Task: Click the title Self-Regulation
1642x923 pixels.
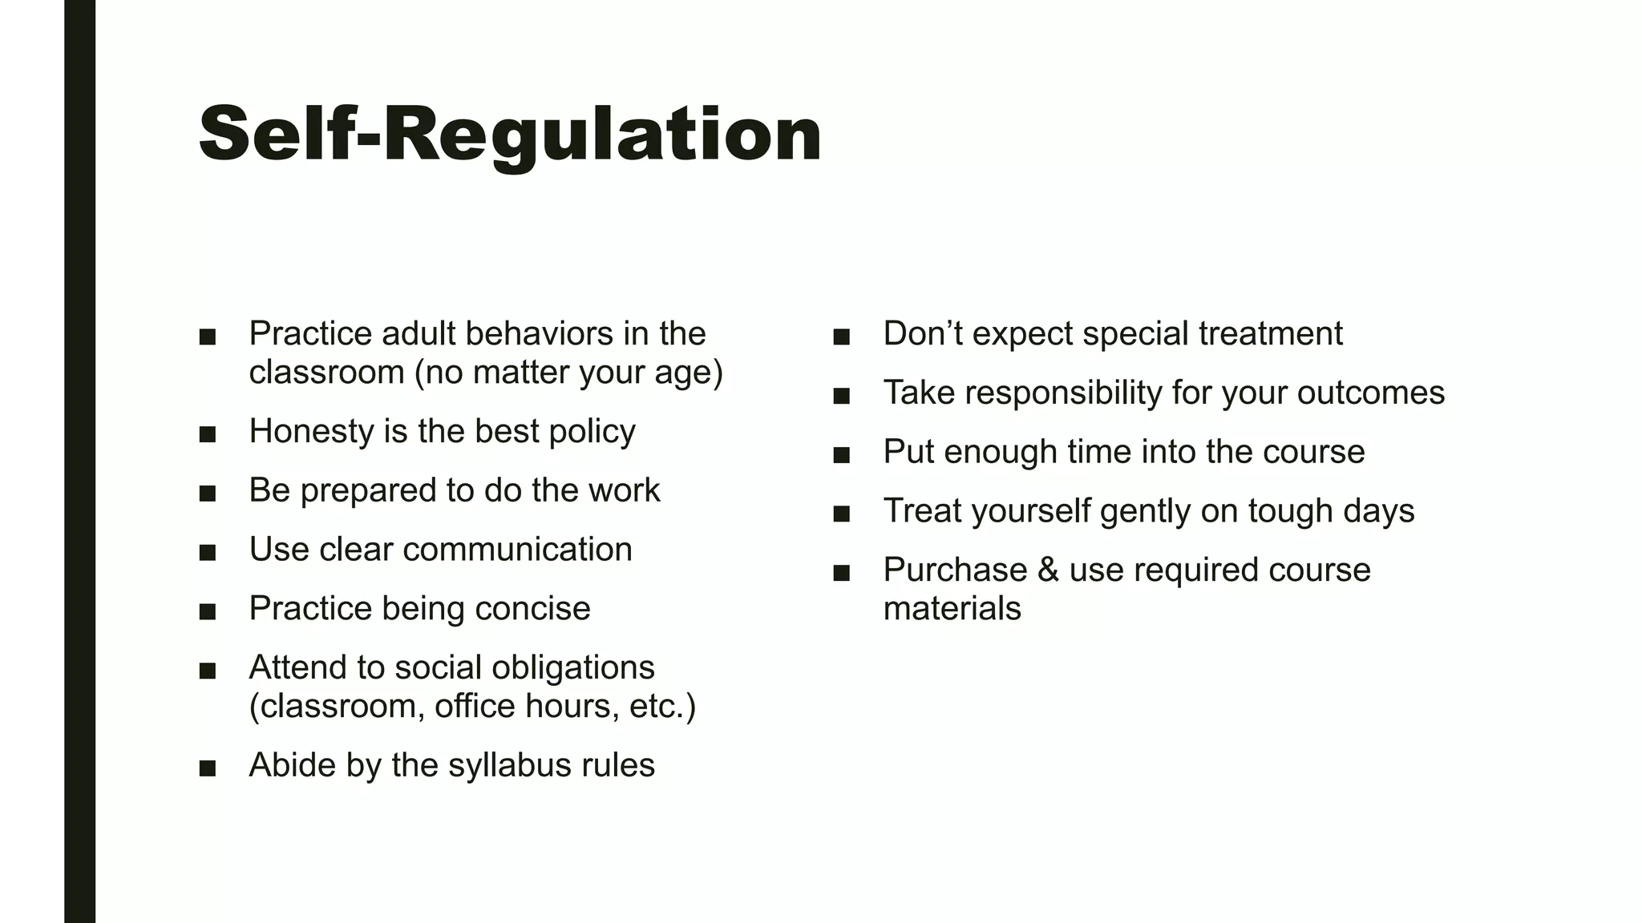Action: point(510,135)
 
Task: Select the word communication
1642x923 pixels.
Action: point(517,550)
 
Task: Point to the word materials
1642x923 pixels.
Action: point(952,609)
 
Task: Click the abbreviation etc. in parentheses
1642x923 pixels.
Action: point(657,707)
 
